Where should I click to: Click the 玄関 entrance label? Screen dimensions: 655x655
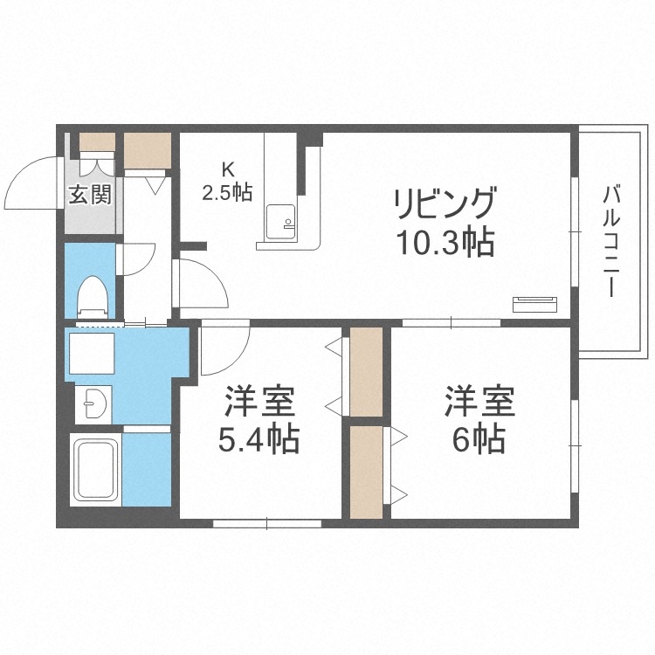90,194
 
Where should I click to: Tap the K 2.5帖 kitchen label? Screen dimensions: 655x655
227,183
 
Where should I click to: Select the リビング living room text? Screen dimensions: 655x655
445,206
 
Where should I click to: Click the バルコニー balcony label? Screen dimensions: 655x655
611,239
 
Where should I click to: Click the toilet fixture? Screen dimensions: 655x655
90,293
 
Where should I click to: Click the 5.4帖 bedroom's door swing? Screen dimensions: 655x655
223,349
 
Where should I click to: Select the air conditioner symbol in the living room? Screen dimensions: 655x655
534,304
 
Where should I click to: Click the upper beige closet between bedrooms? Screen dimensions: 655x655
366,371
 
